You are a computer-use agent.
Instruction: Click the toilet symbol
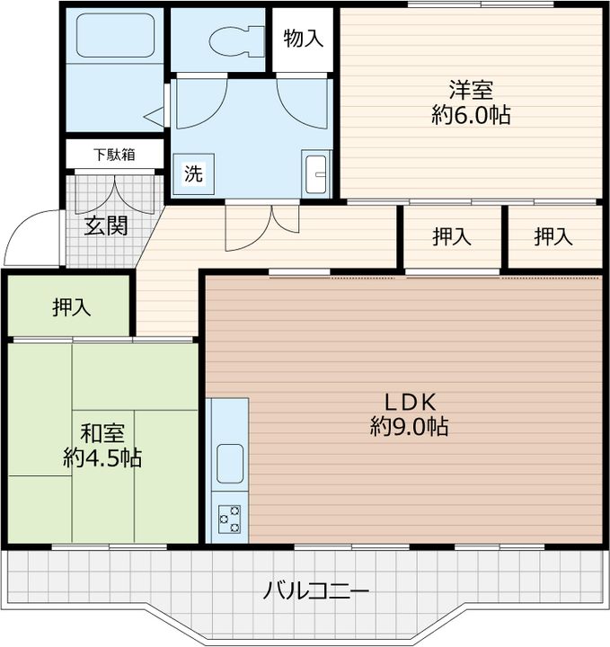click(x=236, y=41)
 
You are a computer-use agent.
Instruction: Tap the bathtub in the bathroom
click(x=115, y=35)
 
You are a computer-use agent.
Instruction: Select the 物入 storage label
click(x=303, y=39)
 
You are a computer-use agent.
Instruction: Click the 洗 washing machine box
click(x=193, y=173)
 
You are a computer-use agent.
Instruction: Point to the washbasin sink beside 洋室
click(x=316, y=173)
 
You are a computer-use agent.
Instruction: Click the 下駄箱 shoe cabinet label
click(x=115, y=155)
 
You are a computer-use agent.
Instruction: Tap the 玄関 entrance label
click(x=106, y=226)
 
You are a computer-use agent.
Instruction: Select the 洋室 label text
click(x=471, y=91)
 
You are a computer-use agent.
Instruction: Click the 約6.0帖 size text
click(x=471, y=115)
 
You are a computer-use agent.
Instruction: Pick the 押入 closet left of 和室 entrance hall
click(x=72, y=307)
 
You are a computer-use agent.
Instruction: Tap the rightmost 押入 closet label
click(x=553, y=237)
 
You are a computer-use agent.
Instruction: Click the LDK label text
click(x=410, y=403)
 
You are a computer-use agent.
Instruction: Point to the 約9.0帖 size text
click(x=409, y=427)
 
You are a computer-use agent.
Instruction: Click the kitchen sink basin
click(x=230, y=464)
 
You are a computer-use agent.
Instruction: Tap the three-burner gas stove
click(x=229, y=519)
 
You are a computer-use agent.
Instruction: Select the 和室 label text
click(x=102, y=434)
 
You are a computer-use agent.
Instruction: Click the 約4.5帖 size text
click(x=102, y=458)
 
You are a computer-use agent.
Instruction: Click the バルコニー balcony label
click(x=316, y=592)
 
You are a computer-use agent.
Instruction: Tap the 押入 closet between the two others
click(x=452, y=237)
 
